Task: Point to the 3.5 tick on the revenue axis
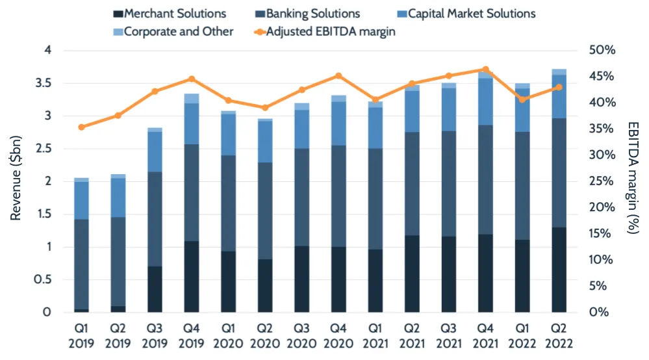[51, 83]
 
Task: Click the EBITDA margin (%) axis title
[634, 181]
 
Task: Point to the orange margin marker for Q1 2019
[81, 127]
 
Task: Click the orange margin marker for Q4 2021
[485, 70]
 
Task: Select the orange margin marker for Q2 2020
[265, 108]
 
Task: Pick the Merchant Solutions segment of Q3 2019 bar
[155, 289]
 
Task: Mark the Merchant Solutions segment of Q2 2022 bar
[559, 270]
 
